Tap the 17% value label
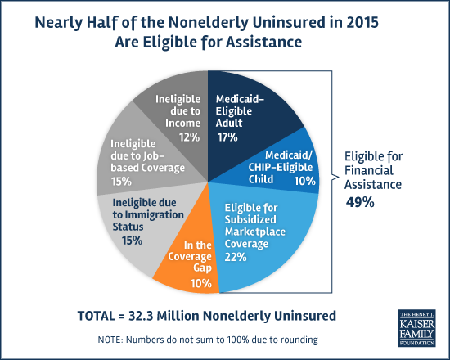[x=227, y=137]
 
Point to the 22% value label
[x=236, y=257]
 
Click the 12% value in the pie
[x=190, y=137]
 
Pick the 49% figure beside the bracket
[x=360, y=202]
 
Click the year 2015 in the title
[x=362, y=22]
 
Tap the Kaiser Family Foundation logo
[x=416, y=328]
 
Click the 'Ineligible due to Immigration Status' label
[x=148, y=214]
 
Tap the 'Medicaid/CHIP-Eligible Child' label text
[x=281, y=167]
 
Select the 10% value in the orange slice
[x=201, y=284]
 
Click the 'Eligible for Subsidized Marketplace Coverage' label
[x=254, y=225]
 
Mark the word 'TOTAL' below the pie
[x=97, y=316]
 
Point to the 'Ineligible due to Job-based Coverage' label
[x=147, y=155]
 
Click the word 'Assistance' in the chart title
[x=263, y=43]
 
